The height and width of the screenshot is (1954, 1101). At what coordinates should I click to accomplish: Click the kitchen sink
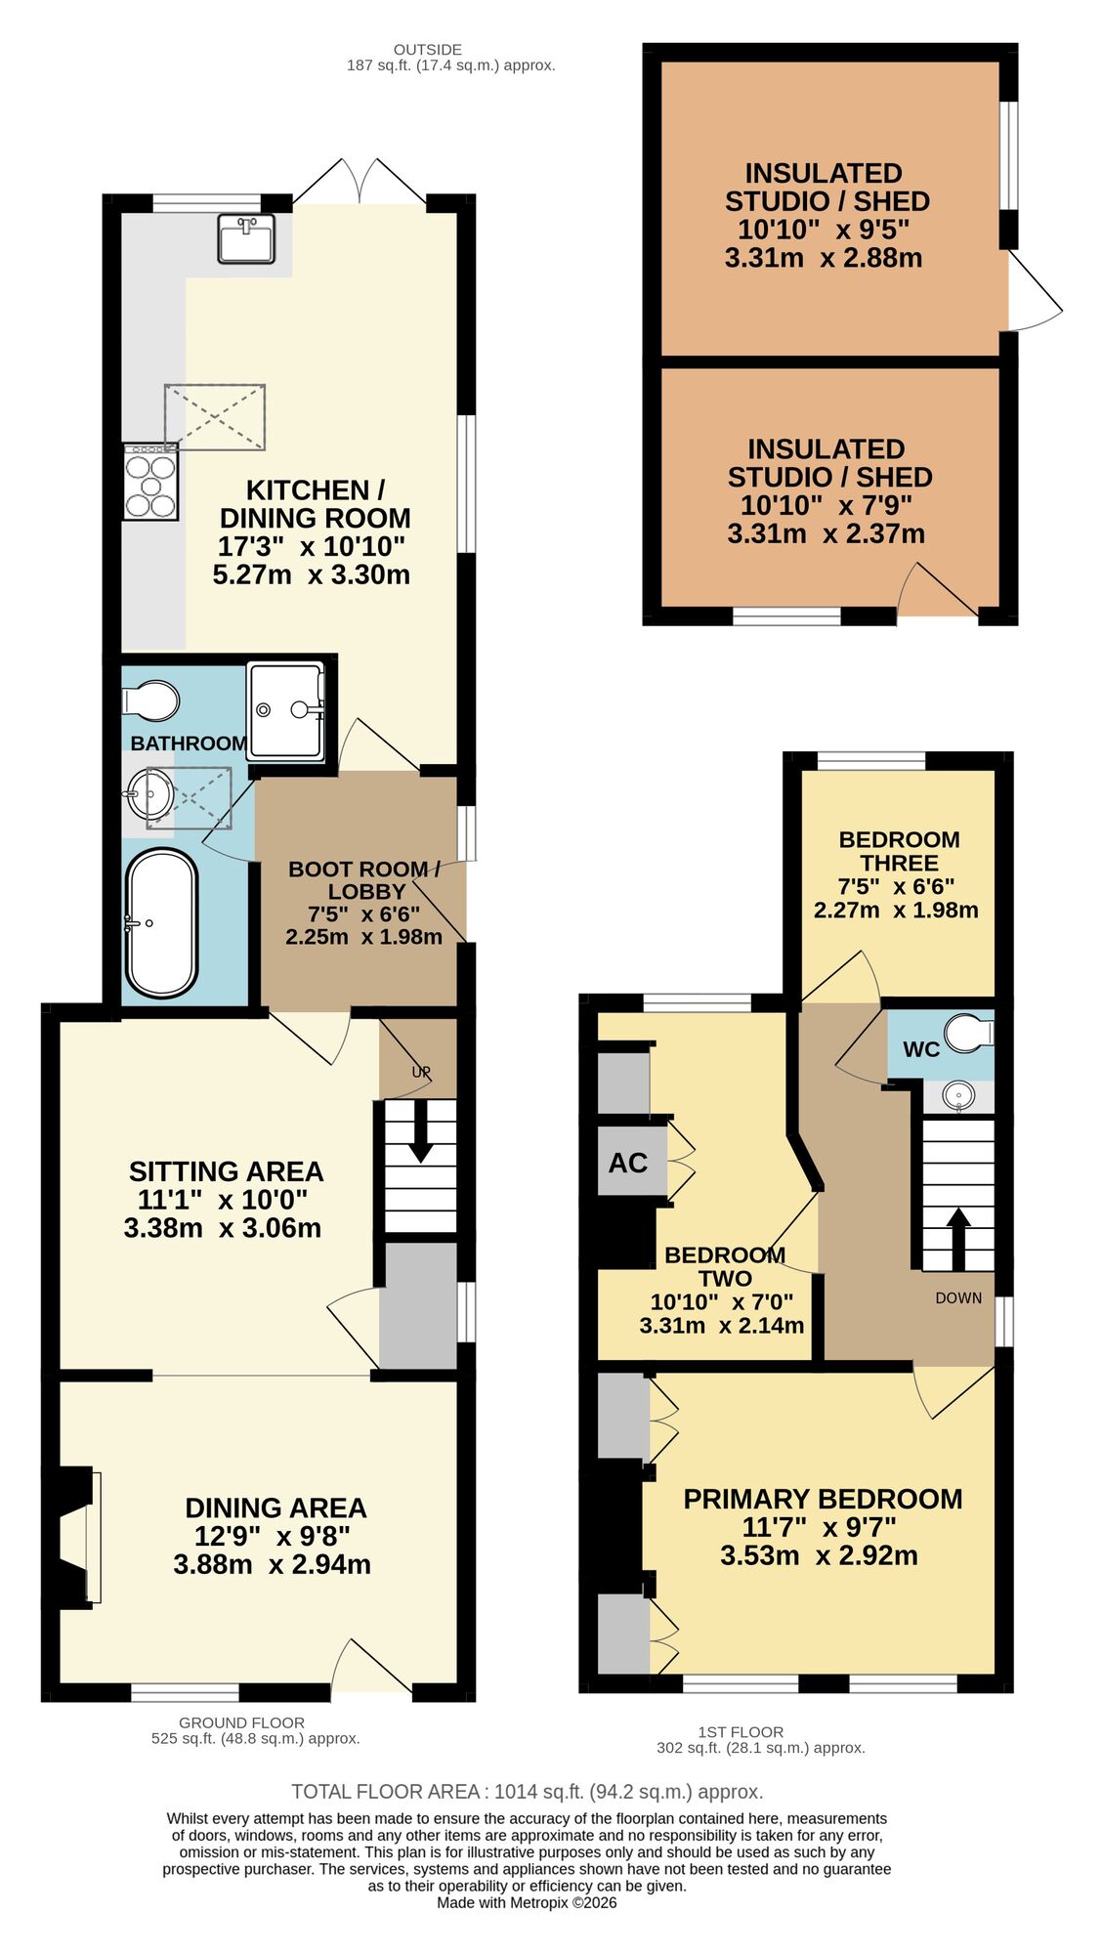point(246,239)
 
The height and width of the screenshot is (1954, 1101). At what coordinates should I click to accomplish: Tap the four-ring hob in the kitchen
point(150,481)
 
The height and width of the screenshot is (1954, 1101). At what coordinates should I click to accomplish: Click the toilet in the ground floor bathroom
point(151,701)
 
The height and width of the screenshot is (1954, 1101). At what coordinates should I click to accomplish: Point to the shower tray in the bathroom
point(285,710)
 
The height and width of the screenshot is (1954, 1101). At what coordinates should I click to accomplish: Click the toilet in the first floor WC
point(969,1034)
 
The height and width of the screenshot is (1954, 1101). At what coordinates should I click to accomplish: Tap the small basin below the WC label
point(958,1095)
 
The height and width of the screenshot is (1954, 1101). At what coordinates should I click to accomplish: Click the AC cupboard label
point(627,1163)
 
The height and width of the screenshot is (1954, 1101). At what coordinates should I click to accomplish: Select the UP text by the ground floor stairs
point(421,1072)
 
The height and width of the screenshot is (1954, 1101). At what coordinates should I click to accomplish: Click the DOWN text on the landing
point(957,1297)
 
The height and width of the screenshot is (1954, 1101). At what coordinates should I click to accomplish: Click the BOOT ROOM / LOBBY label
point(364,879)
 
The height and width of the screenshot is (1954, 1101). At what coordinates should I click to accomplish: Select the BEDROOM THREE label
point(899,851)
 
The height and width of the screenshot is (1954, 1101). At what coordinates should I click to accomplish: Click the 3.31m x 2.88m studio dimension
point(823,258)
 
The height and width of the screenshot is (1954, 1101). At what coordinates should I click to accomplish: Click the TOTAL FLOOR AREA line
point(527,1791)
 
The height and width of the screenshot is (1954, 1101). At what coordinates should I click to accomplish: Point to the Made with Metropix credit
point(527,1902)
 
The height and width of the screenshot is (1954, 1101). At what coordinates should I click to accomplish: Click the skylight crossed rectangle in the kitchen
point(215,417)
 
